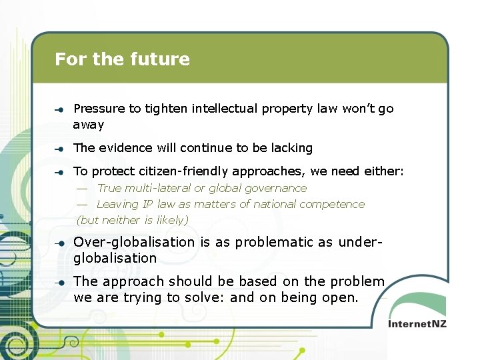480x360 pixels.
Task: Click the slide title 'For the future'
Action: pyautogui.click(x=122, y=59)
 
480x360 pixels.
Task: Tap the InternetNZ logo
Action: pyautogui.click(x=418, y=323)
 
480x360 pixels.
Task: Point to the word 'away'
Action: pyautogui.click(x=89, y=125)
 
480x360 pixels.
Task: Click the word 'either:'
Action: pyautogui.click(x=383, y=171)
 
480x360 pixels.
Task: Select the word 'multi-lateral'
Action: pyautogui.click(x=158, y=189)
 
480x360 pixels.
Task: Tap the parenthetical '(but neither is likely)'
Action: pyautogui.click(x=133, y=220)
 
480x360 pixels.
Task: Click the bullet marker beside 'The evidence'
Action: pyautogui.click(x=59, y=149)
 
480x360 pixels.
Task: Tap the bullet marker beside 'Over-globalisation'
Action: pyautogui.click(x=59, y=243)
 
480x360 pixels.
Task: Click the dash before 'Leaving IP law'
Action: pyautogui.click(x=82, y=205)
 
